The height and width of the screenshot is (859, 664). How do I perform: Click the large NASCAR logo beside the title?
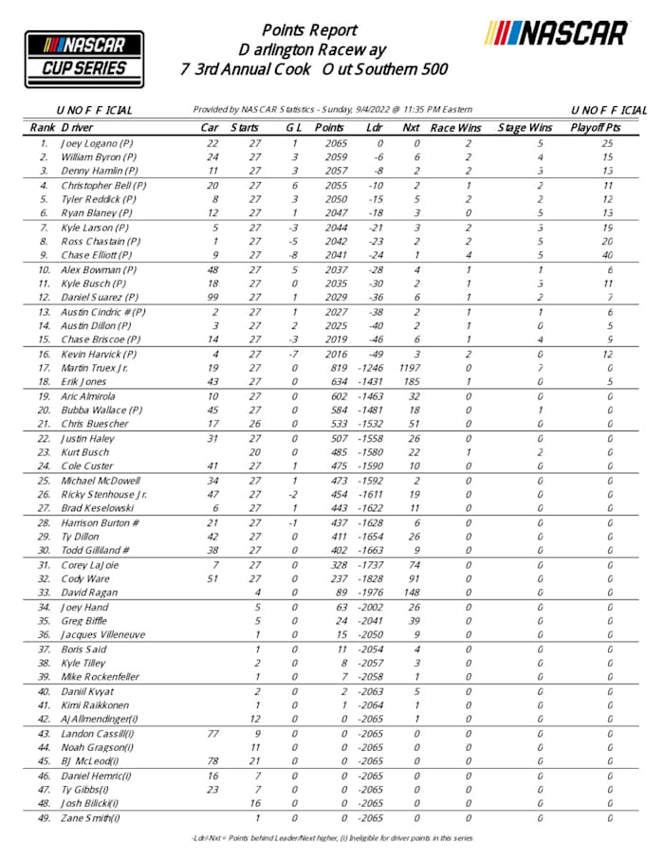coord(557,34)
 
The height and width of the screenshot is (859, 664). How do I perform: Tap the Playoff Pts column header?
coord(595,127)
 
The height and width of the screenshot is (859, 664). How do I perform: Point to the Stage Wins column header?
coord(525,127)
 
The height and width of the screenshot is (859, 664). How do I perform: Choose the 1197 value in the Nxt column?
coord(409,367)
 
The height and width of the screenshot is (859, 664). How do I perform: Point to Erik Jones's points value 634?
coord(333,380)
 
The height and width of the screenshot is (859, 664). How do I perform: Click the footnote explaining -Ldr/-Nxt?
coord(331,838)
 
